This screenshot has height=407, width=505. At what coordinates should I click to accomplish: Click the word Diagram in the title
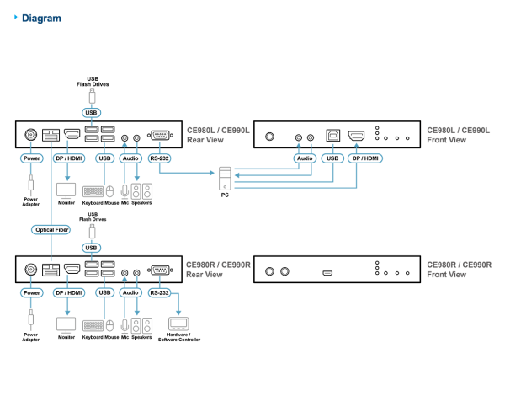(x=41, y=18)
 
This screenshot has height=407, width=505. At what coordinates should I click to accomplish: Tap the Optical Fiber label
(x=50, y=229)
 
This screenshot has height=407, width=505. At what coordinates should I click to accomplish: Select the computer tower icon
(x=225, y=178)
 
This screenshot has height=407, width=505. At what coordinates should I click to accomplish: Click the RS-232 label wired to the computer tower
(x=159, y=158)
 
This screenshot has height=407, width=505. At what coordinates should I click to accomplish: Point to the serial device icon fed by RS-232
(x=178, y=324)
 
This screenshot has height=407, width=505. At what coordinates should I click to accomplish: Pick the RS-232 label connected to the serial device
(x=159, y=292)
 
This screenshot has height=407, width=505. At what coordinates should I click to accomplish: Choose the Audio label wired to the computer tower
(x=305, y=158)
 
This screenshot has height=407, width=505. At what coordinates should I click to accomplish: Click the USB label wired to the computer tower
(x=332, y=158)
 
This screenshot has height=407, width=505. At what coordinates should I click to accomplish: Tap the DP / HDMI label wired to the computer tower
(x=365, y=158)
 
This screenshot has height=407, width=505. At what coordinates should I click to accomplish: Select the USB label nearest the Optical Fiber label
(x=92, y=248)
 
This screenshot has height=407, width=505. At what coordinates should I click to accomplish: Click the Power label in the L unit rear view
(x=32, y=158)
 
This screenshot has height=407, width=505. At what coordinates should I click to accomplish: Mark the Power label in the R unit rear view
(x=32, y=292)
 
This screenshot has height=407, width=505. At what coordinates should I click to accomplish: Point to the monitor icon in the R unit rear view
(x=66, y=324)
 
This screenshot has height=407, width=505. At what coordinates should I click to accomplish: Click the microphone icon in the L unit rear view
(x=125, y=191)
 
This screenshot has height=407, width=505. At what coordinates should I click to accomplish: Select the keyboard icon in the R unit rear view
(x=93, y=325)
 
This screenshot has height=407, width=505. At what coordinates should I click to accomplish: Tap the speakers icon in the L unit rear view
(x=141, y=191)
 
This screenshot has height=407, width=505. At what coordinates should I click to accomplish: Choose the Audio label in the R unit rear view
(x=130, y=292)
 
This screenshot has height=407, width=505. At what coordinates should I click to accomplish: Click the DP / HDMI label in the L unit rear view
(x=68, y=158)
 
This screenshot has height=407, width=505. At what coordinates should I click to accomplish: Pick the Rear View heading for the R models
(x=205, y=275)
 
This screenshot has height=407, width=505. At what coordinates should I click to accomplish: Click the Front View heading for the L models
(x=446, y=140)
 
